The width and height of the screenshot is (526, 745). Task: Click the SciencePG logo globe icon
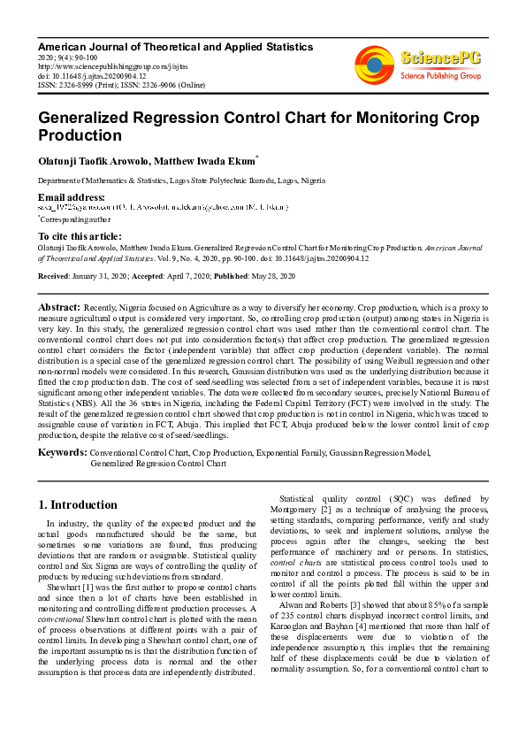[x=374, y=65]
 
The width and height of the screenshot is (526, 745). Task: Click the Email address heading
[x=72, y=196]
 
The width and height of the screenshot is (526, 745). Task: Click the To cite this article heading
[x=80, y=236]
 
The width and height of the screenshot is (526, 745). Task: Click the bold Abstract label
[x=59, y=306]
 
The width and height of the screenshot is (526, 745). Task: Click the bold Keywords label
[x=62, y=453]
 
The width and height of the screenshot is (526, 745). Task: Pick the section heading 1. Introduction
[x=78, y=505]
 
